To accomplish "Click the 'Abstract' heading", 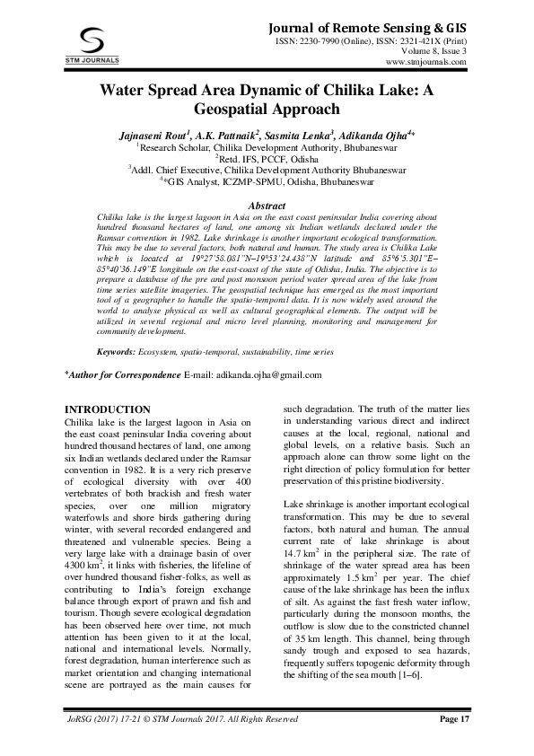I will click(x=266, y=206).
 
